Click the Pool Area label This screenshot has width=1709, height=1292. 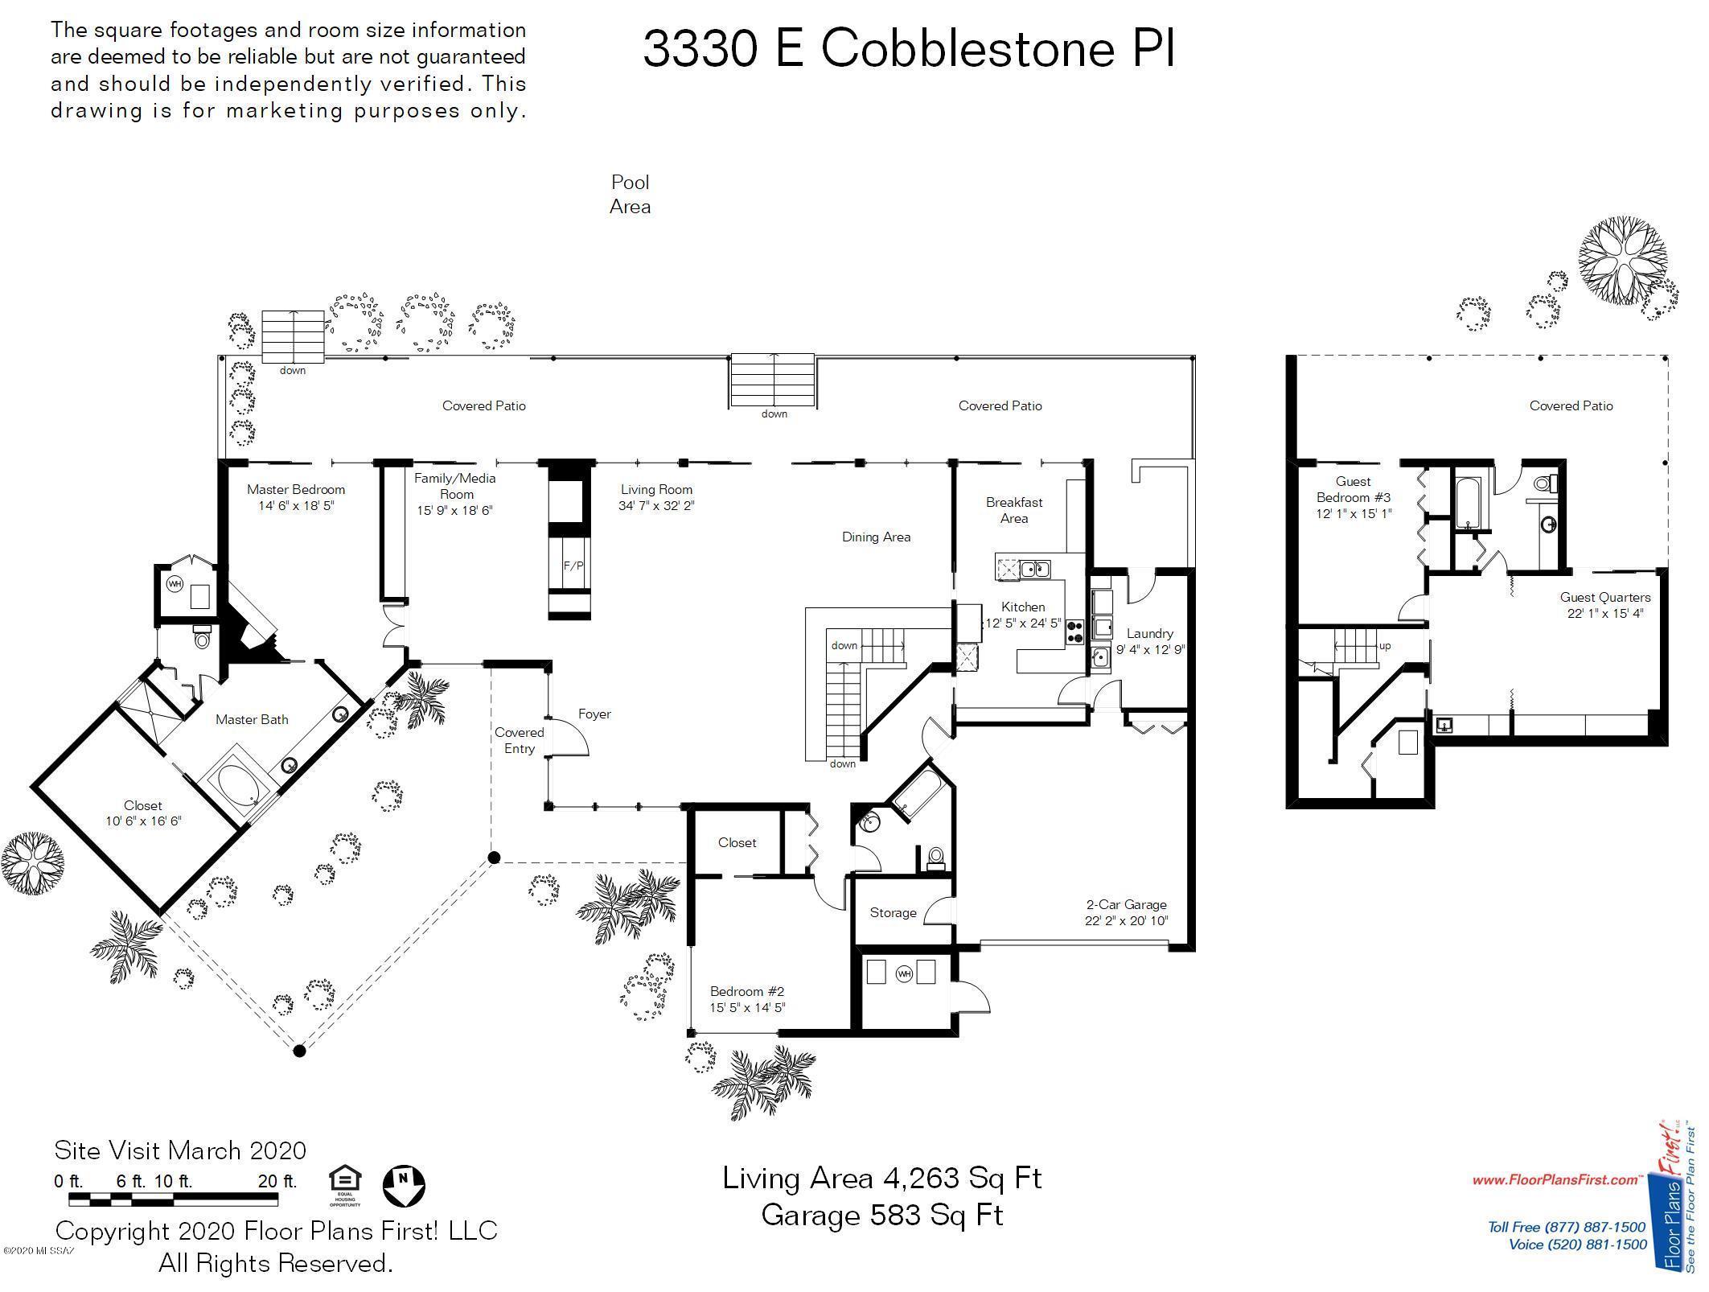[630, 195]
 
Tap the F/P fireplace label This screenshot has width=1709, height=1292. [573, 566]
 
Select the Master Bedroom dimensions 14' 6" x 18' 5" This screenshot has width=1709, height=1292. [295, 506]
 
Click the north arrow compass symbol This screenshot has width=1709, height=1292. [404, 1185]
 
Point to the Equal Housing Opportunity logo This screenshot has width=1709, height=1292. [345, 1186]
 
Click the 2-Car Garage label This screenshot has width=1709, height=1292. [1126, 904]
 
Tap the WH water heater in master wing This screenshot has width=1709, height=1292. [175, 584]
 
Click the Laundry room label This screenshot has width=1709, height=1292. [1149, 633]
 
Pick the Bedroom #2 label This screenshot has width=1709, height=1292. [746, 991]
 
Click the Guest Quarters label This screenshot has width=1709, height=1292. [1604, 597]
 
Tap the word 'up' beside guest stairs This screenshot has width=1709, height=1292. [1384, 645]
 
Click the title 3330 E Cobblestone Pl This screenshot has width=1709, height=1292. [909, 48]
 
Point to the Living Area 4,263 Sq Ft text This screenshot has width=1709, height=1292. [881, 1178]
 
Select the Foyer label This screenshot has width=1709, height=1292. [594, 714]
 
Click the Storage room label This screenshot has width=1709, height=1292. [893, 912]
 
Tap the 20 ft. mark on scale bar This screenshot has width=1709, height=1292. [277, 1182]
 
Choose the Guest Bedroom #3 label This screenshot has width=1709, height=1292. [1353, 489]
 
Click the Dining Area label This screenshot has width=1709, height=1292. [876, 537]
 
